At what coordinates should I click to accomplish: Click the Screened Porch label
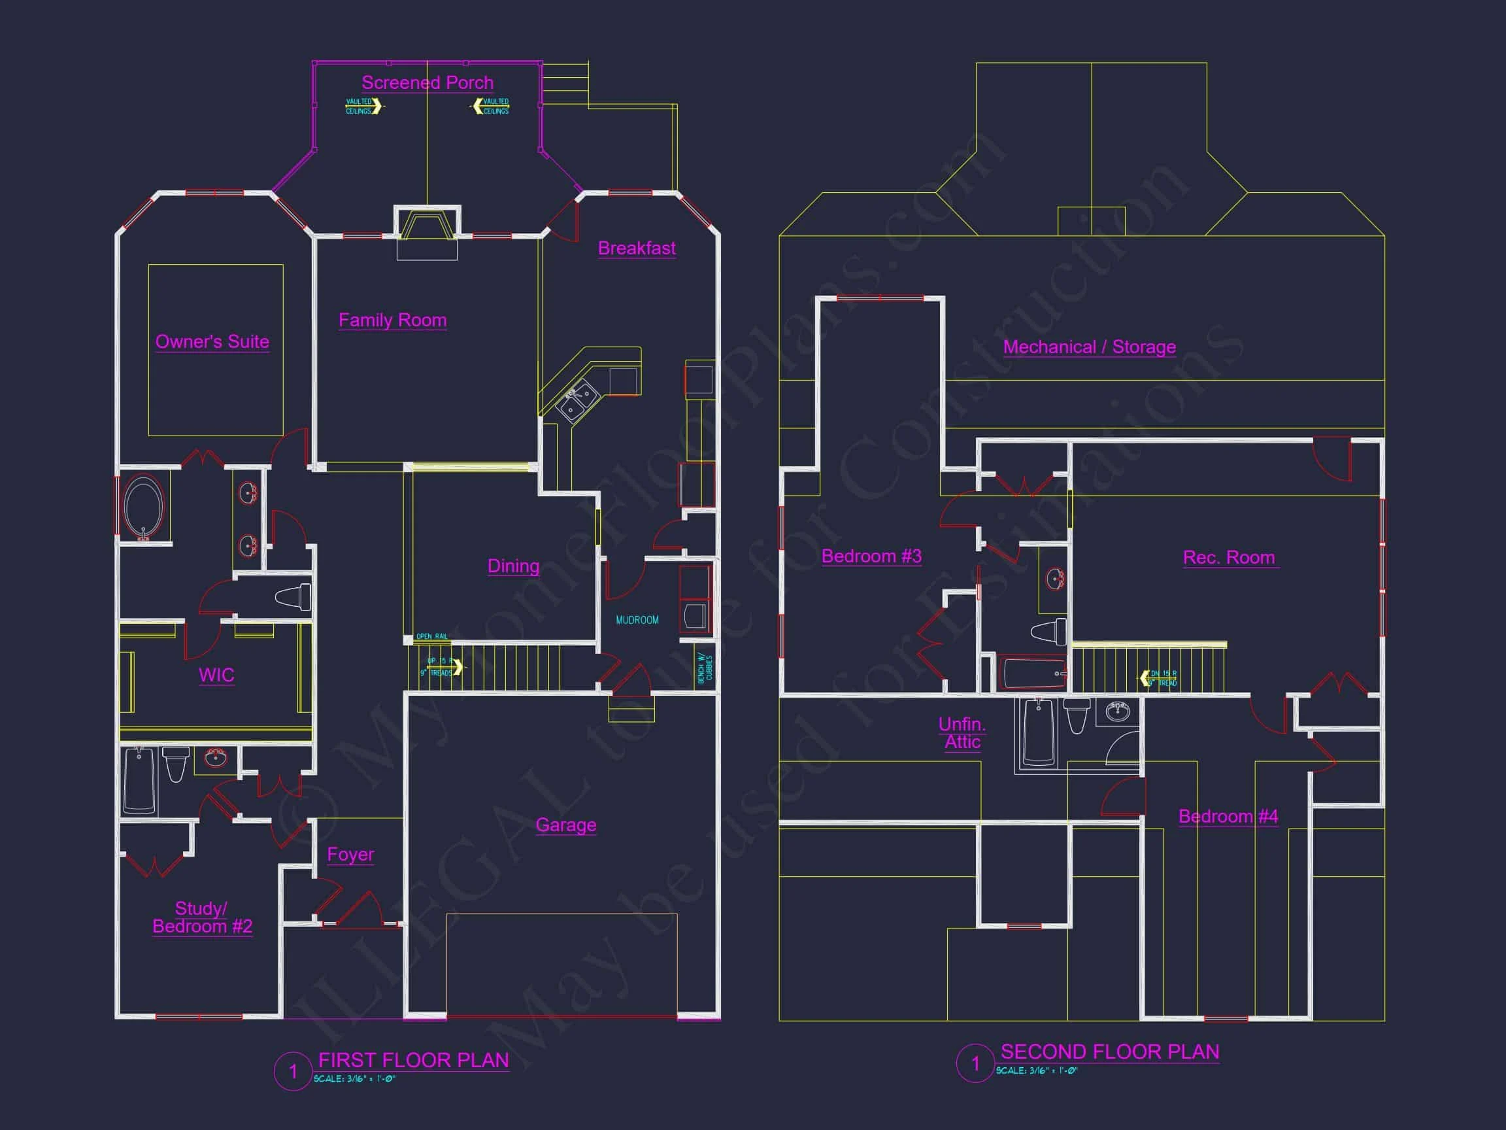click(427, 82)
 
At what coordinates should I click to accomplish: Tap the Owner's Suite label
click(212, 341)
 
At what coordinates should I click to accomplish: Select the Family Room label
click(392, 320)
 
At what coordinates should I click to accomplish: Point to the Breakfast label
click(637, 248)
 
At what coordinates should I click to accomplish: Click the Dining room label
click(513, 566)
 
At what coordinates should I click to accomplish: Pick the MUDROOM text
click(637, 620)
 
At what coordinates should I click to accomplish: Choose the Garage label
click(566, 825)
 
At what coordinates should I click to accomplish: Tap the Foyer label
click(350, 854)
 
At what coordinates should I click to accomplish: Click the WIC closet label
click(216, 675)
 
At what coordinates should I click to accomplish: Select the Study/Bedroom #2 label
click(202, 917)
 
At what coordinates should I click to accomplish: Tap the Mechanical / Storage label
click(1090, 347)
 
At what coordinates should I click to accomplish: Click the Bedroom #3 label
click(871, 556)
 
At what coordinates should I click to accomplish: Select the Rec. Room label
click(1229, 557)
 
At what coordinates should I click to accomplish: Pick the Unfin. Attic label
click(962, 733)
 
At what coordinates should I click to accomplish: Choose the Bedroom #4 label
click(1228, 816)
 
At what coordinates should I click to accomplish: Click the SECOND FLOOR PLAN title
click(1110, 1052)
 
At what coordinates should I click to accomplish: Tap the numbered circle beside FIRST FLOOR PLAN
click(293, 1071)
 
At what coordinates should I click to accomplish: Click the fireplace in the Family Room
click(427, 226)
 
